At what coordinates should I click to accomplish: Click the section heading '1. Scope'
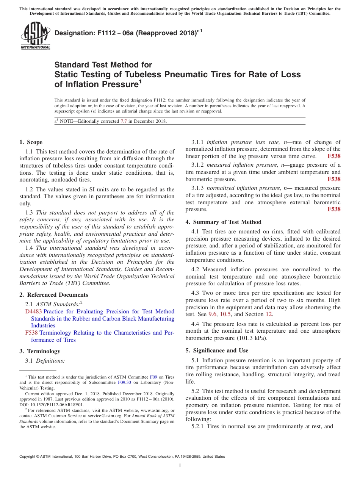tap(31, 142)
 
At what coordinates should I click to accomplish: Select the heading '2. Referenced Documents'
tap(53, 295)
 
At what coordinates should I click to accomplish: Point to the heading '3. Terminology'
tap(39, 351)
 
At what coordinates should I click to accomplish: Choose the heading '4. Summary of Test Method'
tap(223, 222)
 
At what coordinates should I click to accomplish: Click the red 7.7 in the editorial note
tap(124, 121)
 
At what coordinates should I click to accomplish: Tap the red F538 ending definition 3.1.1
tap(334, 156)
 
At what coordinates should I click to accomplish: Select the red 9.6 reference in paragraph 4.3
tap(212, 314)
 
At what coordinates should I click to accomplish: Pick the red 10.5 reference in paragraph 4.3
tap(225, 314)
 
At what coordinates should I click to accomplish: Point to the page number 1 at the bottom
tap(180, 465)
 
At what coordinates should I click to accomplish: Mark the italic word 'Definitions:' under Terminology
tap(50, 361)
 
